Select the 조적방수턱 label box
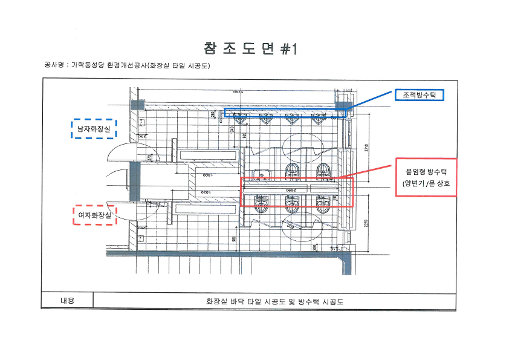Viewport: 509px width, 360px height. coord(420,95)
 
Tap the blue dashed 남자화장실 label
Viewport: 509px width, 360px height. coord(93,128)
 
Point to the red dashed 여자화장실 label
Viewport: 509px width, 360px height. coord(93,214)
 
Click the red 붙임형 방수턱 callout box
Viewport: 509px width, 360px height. coord(426,176)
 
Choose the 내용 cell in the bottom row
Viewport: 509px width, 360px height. coord(67,300)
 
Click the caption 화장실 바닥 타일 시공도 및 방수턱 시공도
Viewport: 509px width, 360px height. coord(274,301)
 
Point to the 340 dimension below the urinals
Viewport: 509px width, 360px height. coord(232,128)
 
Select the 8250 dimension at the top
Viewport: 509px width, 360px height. coord(239,91)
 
